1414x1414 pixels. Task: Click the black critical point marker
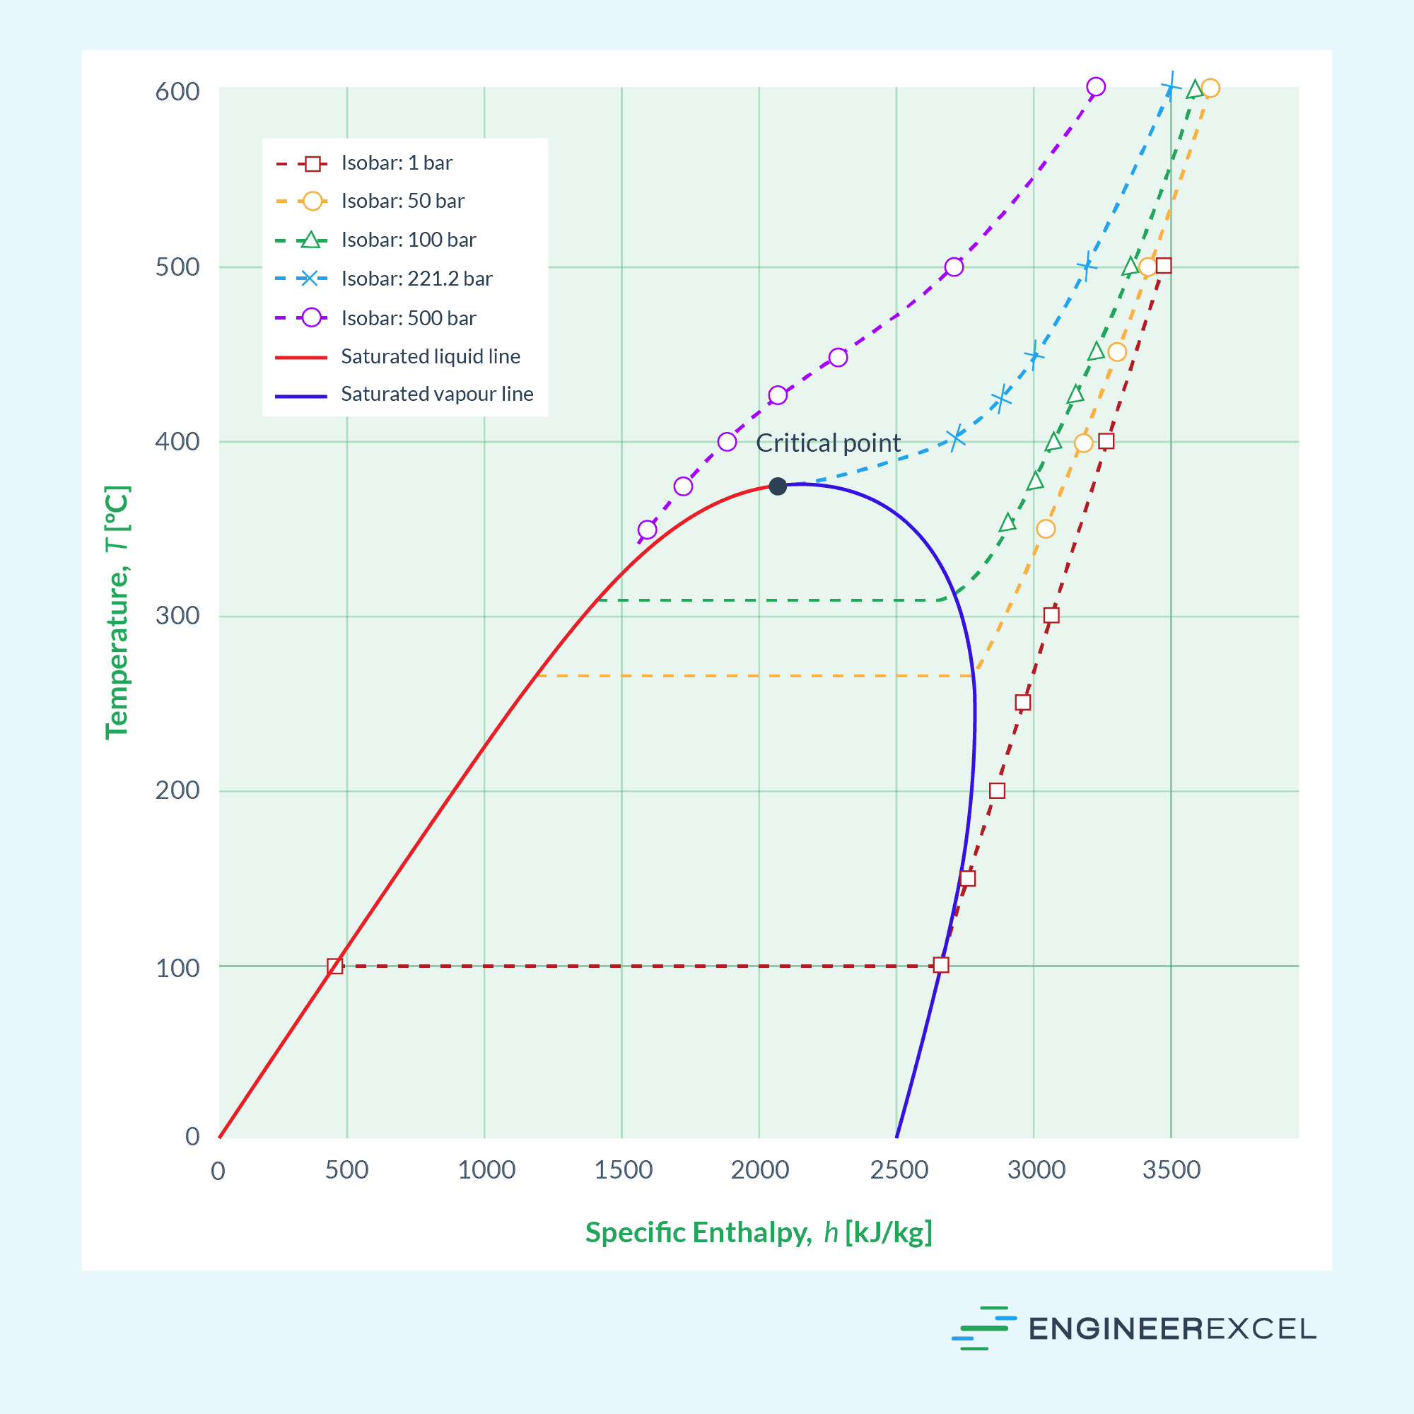coord(777,486)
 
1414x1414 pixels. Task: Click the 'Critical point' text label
coord(828,443)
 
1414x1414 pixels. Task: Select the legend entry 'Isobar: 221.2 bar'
coord(416,279)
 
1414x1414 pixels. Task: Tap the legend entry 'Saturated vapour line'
coord(437,394)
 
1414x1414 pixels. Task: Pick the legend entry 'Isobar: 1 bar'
coord(397,163)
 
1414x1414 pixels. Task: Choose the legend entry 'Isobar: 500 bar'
coord(409,317)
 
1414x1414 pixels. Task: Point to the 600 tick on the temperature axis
coord(177,91)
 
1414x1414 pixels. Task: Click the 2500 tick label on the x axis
coord(899,1169)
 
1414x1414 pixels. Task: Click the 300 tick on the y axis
coord(177,616)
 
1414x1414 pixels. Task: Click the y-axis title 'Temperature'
coord(117,612)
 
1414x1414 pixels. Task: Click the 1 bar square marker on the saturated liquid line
coord(334,966)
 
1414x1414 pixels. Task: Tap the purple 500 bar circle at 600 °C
coord(1096,87)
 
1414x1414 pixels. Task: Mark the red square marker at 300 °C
coord(1051,615)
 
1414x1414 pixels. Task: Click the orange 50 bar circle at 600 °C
coord(1210,88)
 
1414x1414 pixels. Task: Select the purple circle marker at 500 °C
coord(954,267)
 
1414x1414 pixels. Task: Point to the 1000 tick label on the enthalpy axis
coord(486,1169)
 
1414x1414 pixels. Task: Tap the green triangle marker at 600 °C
coord(1194,90)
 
